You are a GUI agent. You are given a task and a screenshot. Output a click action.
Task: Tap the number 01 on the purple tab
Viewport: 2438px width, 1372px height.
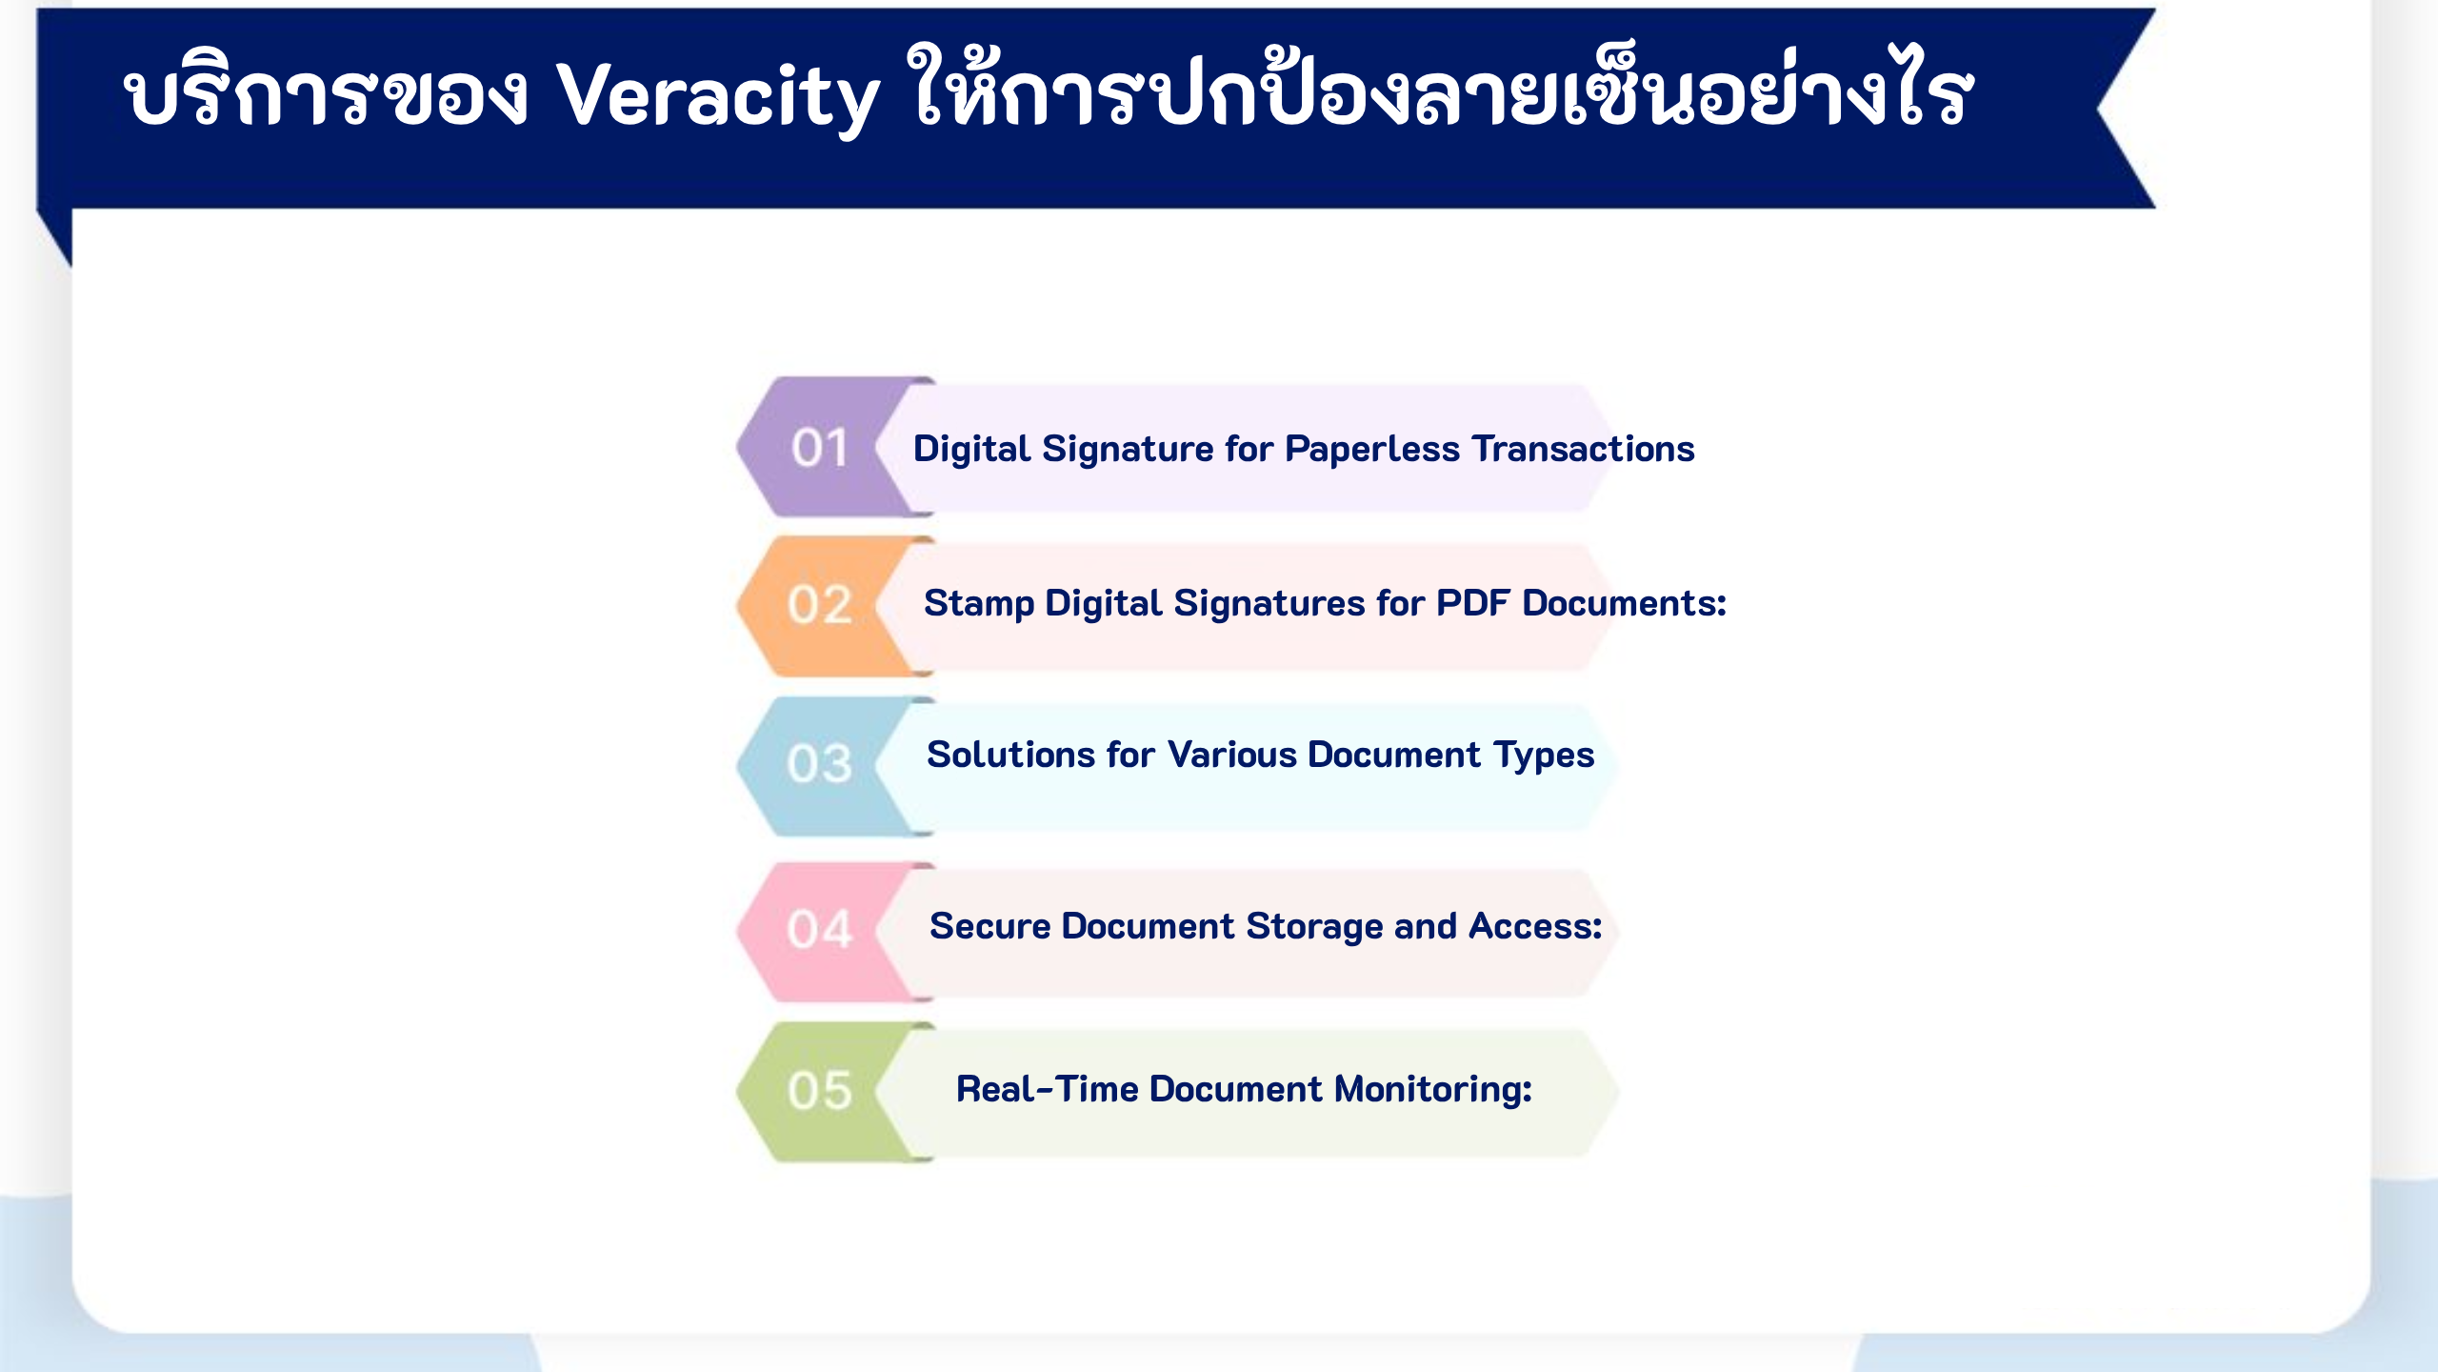click(x=820, y=448)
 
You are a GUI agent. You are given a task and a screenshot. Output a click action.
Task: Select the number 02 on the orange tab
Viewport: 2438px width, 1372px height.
click(x=819, y=605)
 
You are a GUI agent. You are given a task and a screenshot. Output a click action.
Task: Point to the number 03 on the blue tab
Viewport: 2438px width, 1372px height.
click(x=819, y=764)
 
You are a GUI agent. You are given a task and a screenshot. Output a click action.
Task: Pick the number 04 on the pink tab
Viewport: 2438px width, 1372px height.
click(x=819, y=929)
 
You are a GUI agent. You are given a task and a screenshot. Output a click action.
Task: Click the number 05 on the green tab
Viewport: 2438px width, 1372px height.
click(x=819, y=1091)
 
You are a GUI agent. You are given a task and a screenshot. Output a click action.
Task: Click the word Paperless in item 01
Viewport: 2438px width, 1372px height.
click(x=1371, y=450)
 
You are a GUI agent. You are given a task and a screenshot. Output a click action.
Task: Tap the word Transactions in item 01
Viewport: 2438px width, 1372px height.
click(x=1584, y=449)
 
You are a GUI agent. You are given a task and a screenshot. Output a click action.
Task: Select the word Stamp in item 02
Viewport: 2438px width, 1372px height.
click(x=979, y=604)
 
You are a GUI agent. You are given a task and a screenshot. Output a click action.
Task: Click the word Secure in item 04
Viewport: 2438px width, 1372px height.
click(x=989, y=926)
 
